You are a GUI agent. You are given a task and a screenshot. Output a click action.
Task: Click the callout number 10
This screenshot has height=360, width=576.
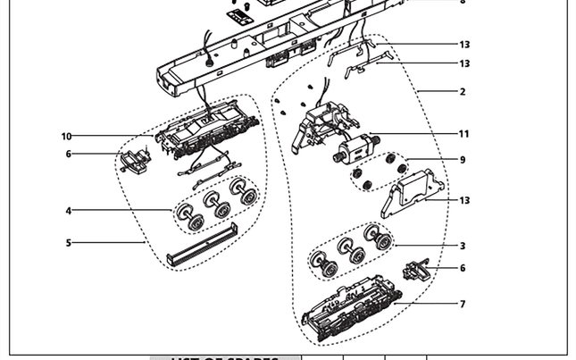66,137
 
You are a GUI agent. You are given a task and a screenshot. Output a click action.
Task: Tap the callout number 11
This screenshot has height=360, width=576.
463,134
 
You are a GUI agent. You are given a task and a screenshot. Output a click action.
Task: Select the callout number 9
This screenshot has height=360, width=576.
463,159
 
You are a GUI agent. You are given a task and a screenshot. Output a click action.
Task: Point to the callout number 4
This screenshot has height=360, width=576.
68,211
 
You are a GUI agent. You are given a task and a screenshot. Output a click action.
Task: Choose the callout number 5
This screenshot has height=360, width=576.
68,242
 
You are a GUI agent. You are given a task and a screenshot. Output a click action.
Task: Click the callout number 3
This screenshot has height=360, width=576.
463,246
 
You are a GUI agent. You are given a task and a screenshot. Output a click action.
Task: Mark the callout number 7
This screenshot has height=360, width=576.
463,305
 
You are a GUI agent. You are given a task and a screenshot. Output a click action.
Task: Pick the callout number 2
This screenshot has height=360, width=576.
463,92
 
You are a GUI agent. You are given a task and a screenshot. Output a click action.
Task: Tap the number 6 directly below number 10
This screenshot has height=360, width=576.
68,155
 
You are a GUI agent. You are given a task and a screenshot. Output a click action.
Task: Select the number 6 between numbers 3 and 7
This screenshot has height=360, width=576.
463,268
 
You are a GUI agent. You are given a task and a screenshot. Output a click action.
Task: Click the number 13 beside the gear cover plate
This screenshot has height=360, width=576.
463,201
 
